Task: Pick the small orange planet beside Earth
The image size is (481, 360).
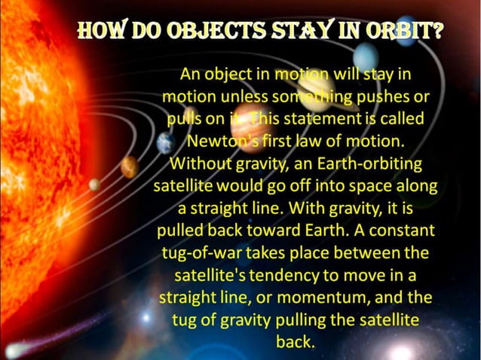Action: (130, 166)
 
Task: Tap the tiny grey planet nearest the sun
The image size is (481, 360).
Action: (94, 185)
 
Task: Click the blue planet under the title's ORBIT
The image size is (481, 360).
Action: (366, 56)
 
